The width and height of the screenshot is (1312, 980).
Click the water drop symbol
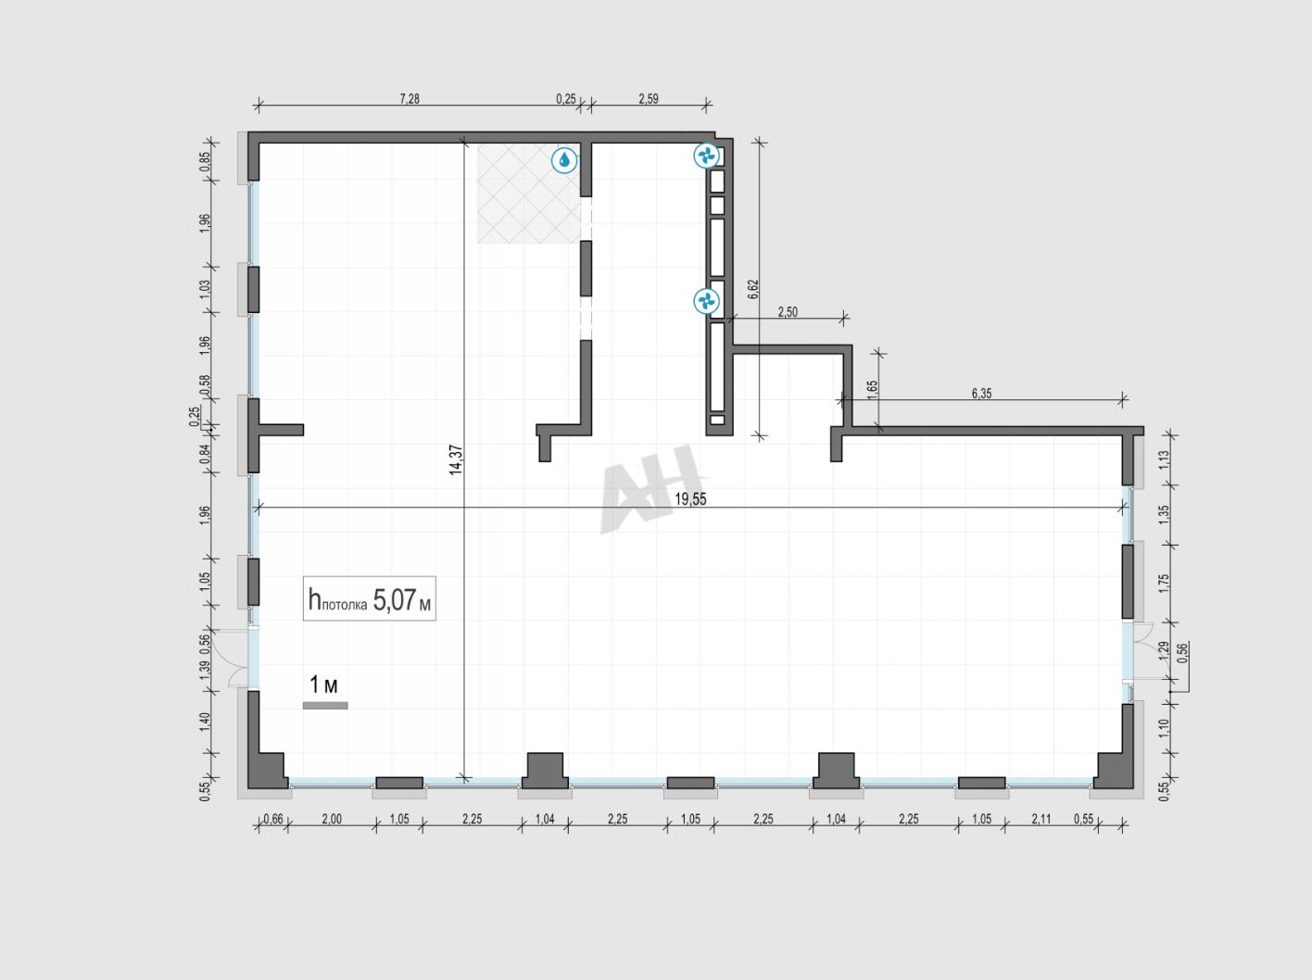(564, 160)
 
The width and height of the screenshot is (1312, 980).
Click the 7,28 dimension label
(410, 98)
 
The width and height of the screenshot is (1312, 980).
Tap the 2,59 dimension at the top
(649, 98)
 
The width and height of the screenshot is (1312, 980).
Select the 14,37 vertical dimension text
(457, 459)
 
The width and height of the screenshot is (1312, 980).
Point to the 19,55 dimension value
(690, 499)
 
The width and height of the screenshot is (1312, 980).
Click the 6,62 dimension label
(753, 289)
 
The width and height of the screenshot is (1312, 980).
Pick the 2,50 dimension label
(788, 312)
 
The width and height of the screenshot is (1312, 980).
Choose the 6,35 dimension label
(981, 393)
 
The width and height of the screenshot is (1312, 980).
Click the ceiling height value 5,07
(394, 599)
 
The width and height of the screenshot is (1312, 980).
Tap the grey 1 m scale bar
(325, 706)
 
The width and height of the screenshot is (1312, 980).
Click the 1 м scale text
(323, 685)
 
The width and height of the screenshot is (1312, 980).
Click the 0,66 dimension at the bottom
(273, 819)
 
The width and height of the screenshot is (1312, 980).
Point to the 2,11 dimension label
(1041, 819)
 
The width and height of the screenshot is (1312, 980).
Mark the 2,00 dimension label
(332, 819)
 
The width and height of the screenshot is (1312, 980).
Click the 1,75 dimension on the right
(1163, 584)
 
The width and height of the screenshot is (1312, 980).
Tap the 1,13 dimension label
(1163, 459)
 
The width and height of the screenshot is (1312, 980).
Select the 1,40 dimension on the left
(205, 722)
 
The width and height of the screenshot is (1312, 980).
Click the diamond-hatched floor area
(528, 193)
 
